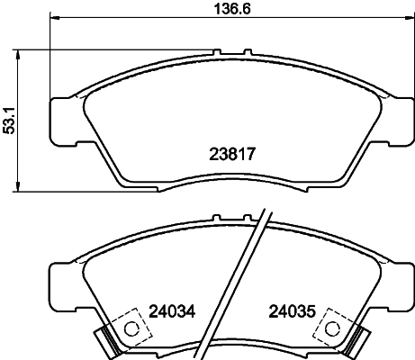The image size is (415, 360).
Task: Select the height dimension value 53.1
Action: click(x=10, y=119)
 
